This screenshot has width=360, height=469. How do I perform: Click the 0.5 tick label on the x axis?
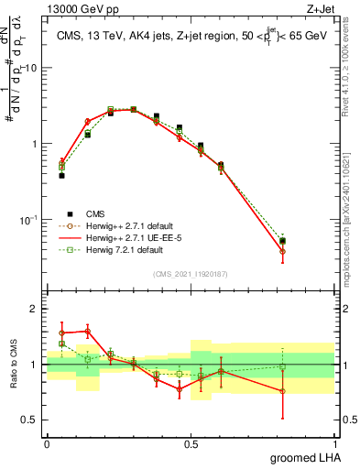[x=191, y=443]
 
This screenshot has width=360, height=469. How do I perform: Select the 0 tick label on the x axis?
[x=47, y=443]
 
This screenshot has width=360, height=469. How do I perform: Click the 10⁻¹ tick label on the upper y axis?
[x=28, y=220]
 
